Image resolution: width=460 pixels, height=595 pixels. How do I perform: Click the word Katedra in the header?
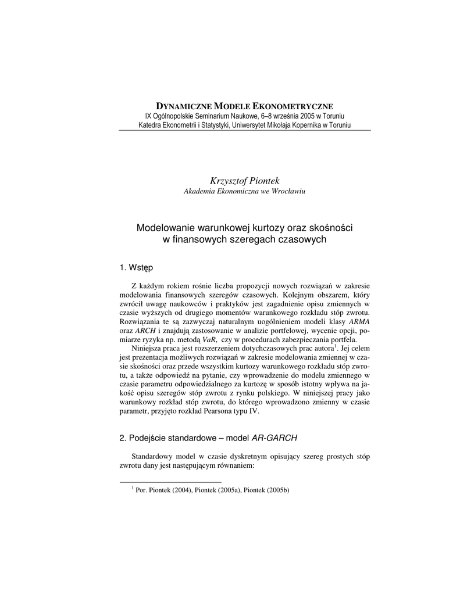[x=150, y=125]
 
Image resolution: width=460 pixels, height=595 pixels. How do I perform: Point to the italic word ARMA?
[x=359, y=321]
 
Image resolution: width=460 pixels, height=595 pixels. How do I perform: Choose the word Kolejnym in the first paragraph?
[x=292, y=294]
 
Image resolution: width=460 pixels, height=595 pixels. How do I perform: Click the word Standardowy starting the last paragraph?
[x=154, y=456]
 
